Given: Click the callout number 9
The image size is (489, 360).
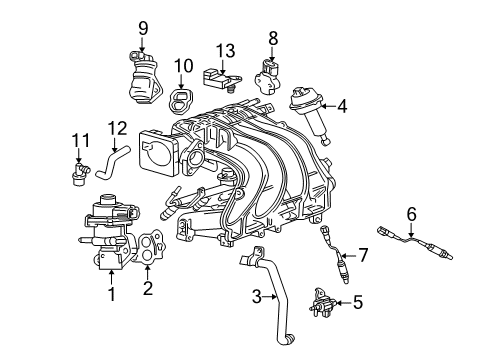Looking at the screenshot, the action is coord(143,28).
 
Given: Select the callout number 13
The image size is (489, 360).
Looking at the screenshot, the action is coord(226,51).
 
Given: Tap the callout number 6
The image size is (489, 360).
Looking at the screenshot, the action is coord(412,214).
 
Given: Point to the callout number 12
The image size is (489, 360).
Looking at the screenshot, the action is coord(117,128).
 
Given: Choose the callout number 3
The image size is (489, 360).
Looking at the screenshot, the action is coord(257,296).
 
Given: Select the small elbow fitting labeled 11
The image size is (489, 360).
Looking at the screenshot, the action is coord(80,173).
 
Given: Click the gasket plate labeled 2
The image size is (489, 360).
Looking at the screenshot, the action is coord(150,247).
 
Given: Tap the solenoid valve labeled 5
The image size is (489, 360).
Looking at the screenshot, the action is coord(322,300).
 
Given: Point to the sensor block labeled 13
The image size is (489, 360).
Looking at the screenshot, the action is coord(221,79).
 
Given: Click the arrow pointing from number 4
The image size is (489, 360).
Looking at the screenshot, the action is coord(329,106).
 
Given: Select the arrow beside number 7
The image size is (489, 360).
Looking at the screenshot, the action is coord(348,256).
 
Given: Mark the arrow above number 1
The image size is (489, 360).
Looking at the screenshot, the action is coord(112,277).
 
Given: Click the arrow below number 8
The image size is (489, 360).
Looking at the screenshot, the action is coord(272,54).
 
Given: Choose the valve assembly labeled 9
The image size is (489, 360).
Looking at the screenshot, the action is coord(144,78).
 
